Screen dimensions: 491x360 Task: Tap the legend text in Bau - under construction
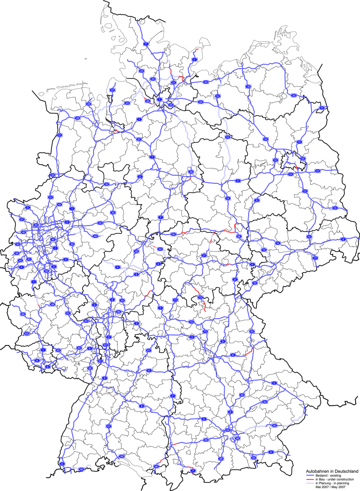[334, 480]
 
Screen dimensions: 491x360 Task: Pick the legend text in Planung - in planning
[332, 483]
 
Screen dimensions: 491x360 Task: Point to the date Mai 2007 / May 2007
[331, 487]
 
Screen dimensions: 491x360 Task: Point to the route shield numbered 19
[247, 86]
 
